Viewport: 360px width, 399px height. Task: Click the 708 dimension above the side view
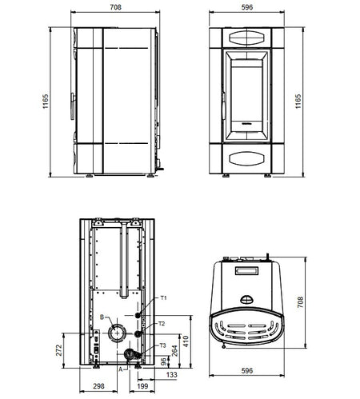tap(115, 7)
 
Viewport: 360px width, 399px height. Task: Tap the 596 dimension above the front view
tap(247, 7)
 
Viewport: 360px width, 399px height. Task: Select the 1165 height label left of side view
tap(46, 101)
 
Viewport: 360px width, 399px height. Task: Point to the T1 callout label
tap(163, 297)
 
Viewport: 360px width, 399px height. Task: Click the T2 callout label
tap(162, 324)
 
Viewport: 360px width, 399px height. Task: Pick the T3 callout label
tap(162, 345)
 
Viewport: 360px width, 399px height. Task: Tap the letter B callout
tap(102, 317)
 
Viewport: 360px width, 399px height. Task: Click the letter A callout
tap(121, 369)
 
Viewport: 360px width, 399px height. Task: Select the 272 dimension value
tap(59, 350)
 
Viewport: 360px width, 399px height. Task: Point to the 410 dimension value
tap(186, 341)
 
